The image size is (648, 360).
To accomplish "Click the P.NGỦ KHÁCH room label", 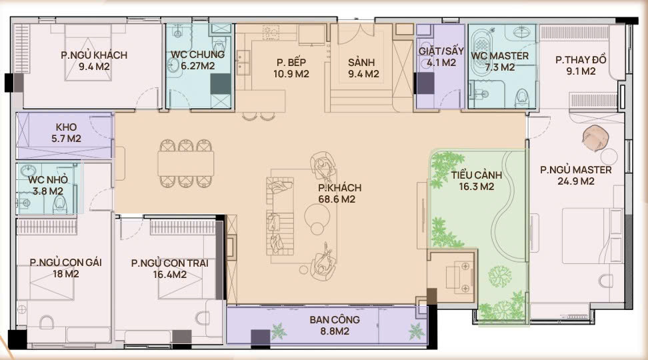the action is (x=94, y=55).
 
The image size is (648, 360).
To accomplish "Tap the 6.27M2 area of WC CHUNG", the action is (x=197, y=66).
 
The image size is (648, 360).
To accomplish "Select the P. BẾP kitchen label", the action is (x=291, y=63).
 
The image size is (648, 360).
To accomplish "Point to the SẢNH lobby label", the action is (x=361, y=63).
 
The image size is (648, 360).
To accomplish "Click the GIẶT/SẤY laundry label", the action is (x=441, y=51).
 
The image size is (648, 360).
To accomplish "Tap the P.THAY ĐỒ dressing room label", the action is (x=581, y=59).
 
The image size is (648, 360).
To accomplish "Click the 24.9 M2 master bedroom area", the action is (x=576, y=181).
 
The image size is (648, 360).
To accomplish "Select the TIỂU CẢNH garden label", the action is (x=477, y=175).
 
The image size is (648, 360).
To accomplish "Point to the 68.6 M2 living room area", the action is (x=337, y=199).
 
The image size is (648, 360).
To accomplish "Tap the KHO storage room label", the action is (x=66, y=127).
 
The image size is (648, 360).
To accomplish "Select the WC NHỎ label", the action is (x=48, y=179).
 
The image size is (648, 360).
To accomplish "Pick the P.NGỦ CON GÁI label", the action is (x=66, y=262).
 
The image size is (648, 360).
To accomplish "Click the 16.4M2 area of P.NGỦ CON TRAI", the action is (x=170, y=275).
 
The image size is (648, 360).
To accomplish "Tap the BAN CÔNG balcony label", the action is (x=335, y=319).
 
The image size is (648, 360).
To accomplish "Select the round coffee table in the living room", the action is (x=317, y=215).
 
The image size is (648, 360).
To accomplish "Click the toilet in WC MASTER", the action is (x=523, y=97).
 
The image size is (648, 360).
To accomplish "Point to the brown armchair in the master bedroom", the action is (x=595, y=137).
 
